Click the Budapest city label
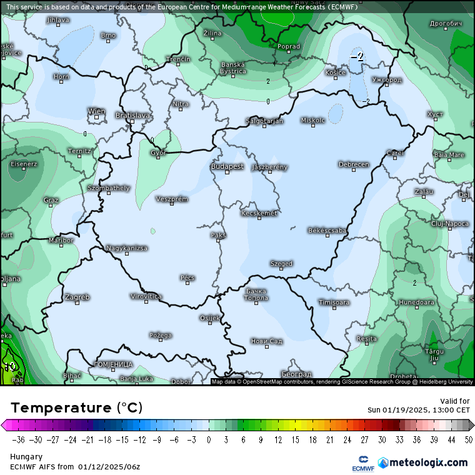click(x=227, y=166)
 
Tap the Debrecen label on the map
click(x=353, y=164)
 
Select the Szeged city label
click(x=281, y=264)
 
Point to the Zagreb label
click(x=77, y=297)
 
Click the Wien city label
click(x=96, y=111)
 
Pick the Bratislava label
click(x=132, y=115)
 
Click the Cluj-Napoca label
click(x=449, y=223)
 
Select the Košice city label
click(x=336, y=72)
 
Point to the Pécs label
click(x=187, y=277)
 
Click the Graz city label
click(x=51, y=200)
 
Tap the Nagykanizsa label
click(x=126, y=248)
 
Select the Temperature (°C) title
click(x=76, y=407)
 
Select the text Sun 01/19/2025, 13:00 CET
click(x=418, y=410)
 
